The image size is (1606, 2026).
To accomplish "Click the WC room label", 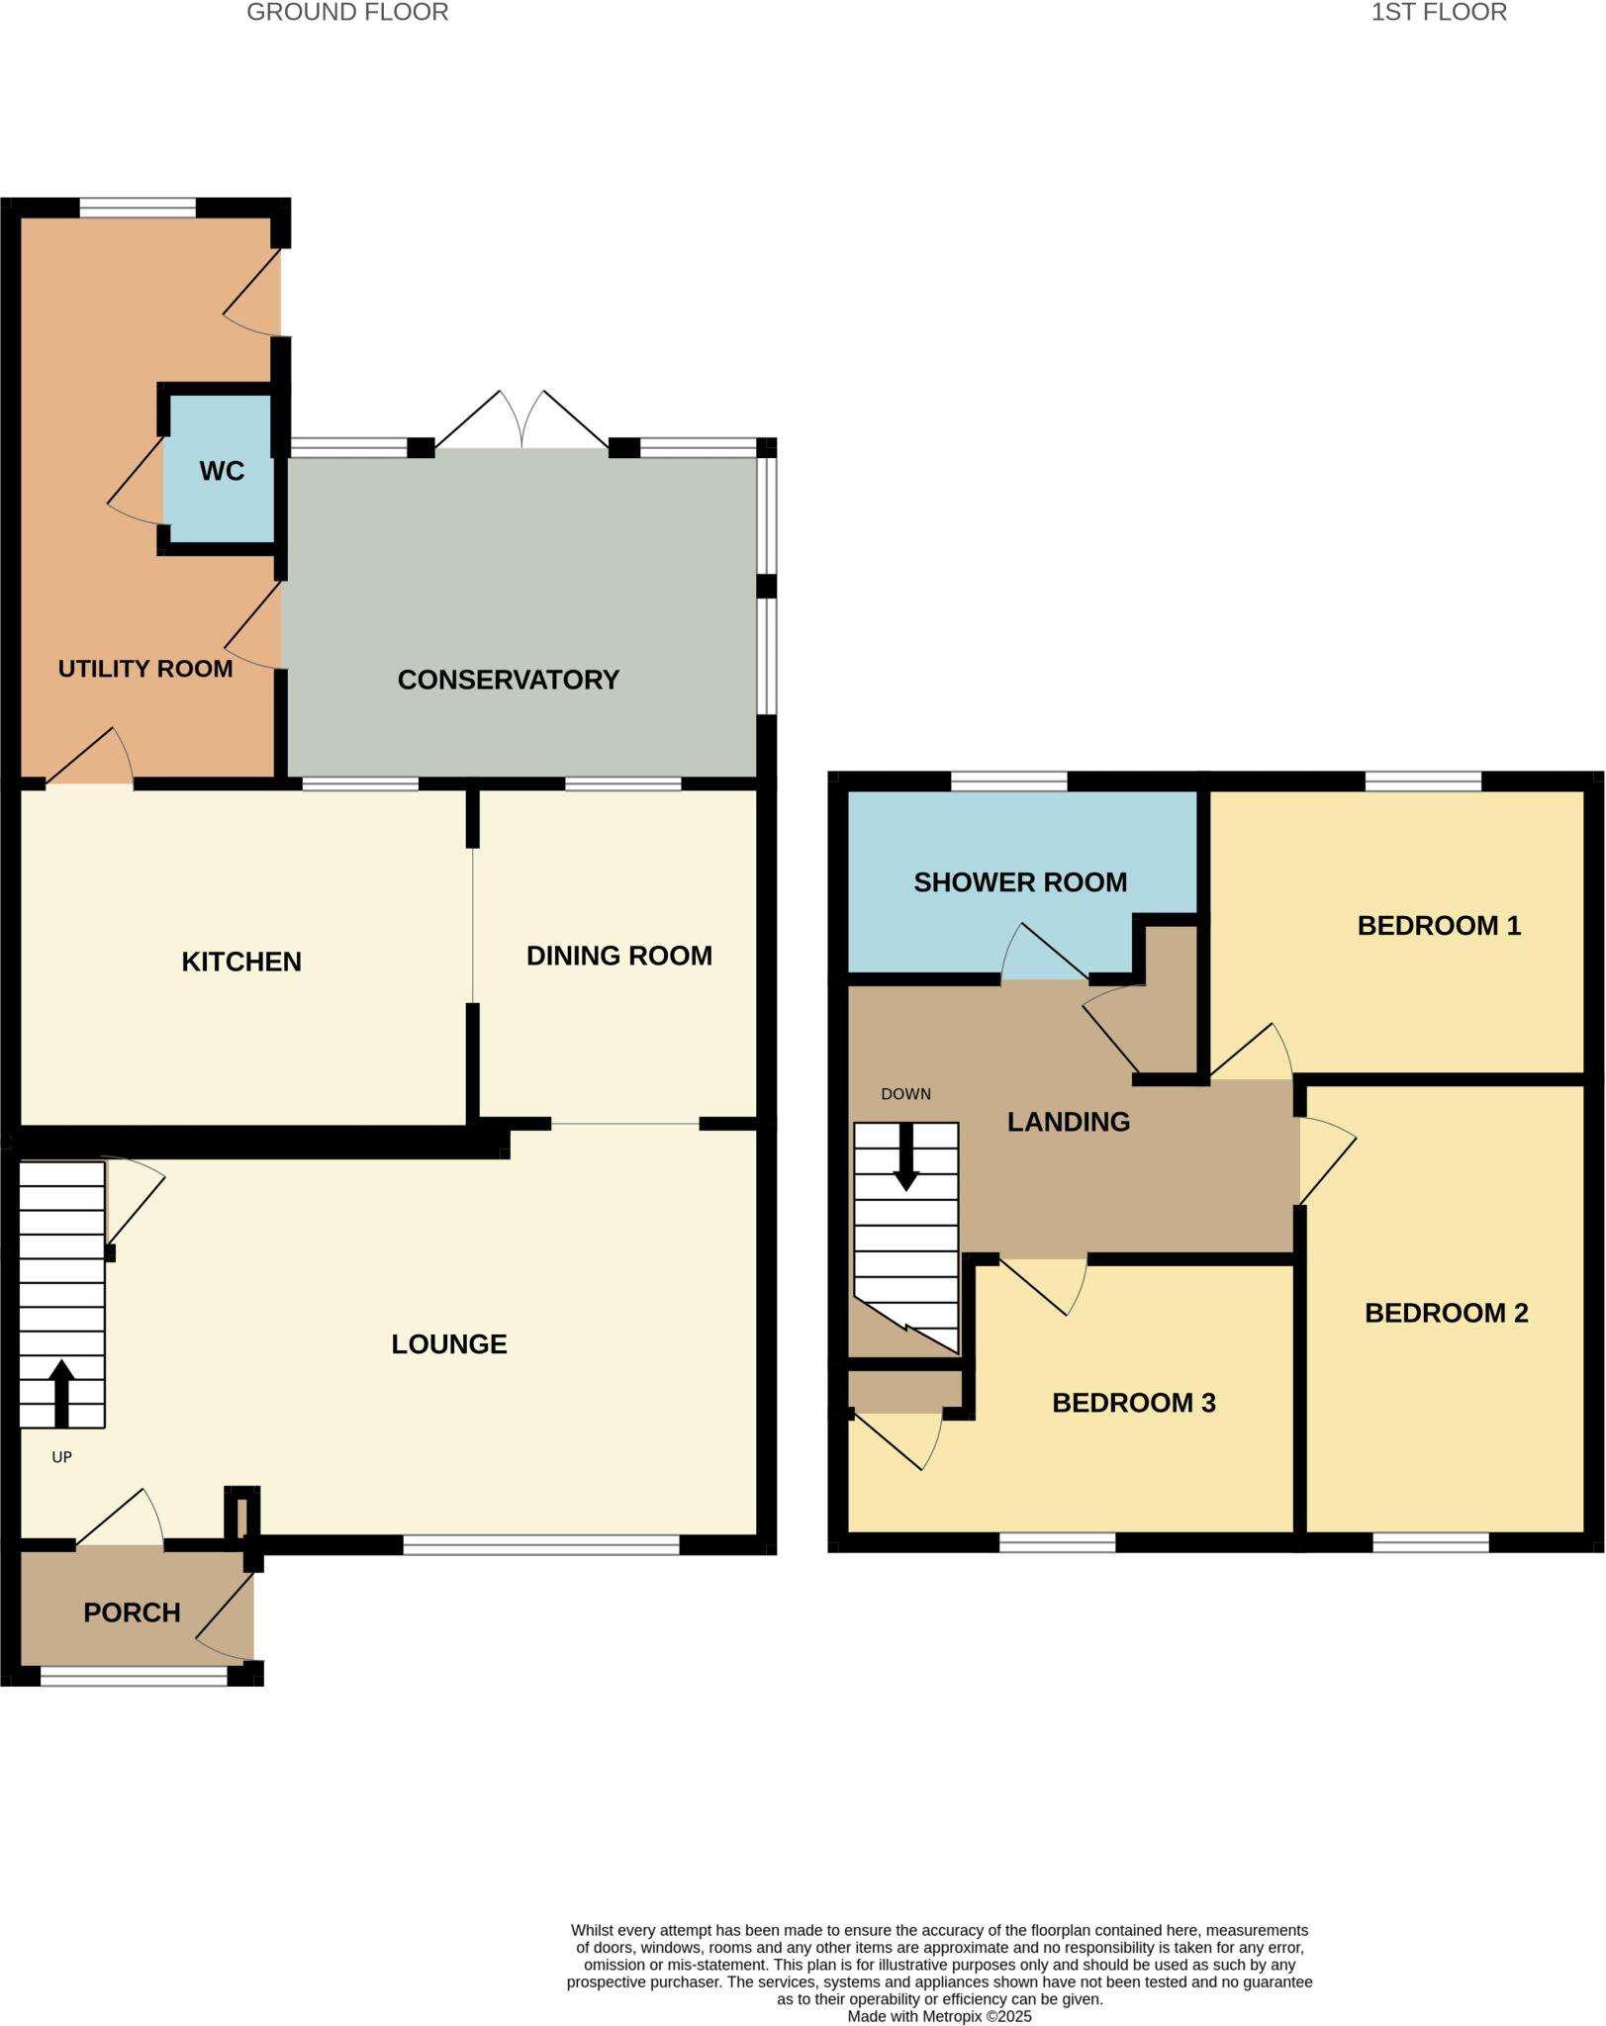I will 222,471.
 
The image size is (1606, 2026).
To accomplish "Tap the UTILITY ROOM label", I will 145,669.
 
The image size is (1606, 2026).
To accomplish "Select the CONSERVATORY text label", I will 508,680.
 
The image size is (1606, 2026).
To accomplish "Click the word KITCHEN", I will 241,962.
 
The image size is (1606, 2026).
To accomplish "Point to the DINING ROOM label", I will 618,956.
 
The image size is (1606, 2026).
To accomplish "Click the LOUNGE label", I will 449,1343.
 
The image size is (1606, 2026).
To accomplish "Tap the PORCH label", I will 132,1612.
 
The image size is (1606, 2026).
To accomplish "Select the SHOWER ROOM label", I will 1019,882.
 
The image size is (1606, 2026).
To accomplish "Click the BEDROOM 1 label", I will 1438,926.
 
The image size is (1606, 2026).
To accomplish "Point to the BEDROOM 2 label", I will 1446,1313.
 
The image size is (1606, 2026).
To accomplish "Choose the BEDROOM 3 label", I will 1133,1403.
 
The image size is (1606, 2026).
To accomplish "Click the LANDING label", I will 1068,1122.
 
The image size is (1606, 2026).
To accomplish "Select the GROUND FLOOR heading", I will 347,13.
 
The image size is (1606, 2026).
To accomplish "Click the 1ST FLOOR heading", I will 1438,13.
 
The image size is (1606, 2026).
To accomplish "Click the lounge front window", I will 541,1544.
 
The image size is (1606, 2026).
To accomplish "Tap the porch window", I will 134,1676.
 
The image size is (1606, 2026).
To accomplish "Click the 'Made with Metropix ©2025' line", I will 939,2016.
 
